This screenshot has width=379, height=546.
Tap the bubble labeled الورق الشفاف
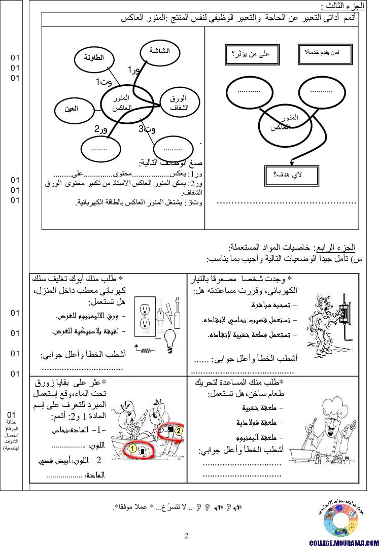179,103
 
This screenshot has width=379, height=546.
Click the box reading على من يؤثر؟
252,55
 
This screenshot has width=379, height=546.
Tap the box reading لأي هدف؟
291,176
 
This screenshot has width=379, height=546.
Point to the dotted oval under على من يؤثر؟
249,92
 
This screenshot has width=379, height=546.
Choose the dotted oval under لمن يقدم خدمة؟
322,92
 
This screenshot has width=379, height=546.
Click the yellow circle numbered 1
132,449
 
